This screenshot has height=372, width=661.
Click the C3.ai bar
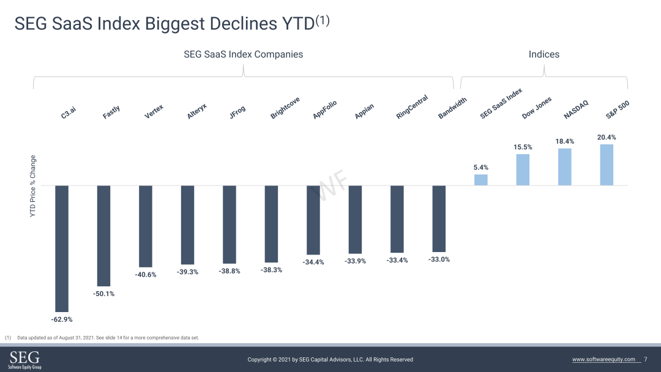coord(62,248)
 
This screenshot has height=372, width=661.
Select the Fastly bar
coord(103,236)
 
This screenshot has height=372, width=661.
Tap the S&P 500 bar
coord(607,165)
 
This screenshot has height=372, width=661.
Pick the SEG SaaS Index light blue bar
coord(481,180)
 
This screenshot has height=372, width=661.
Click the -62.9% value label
coord(62,319)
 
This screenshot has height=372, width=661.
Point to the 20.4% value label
coord(607,137)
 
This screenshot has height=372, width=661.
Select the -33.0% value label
coord(439,259)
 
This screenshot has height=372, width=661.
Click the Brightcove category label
coord(285,108)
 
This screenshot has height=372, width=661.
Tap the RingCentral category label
coord(412,106)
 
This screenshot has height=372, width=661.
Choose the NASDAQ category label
coord(576,110)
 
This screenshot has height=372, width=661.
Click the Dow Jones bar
coord(523,169)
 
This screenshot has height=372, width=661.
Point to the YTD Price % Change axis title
coord(33,186)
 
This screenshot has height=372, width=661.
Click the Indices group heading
coord(544,54)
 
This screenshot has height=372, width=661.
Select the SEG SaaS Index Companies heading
coord(243,54)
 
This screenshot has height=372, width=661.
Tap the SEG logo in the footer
coord(25,359)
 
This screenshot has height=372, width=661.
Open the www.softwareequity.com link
coord(603,359)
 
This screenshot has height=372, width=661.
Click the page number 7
coord(646,359)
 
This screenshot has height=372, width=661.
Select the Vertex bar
coord(146,226)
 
